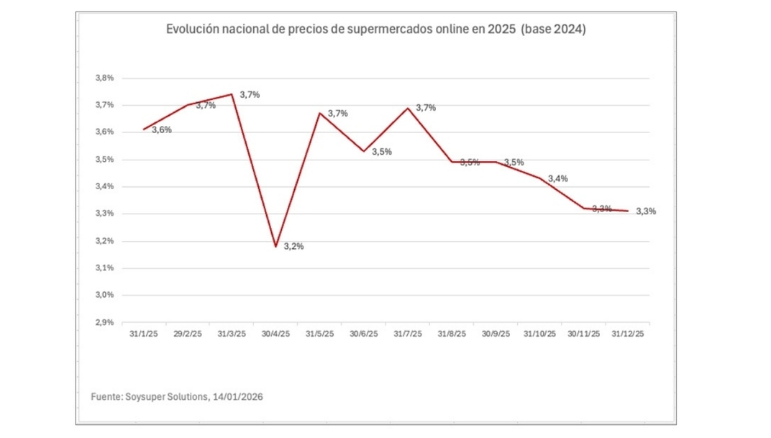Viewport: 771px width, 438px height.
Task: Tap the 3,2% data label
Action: (293, 246)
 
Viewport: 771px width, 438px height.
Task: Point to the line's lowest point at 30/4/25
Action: (275, 247)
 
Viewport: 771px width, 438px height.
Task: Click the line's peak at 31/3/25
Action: (232, 94)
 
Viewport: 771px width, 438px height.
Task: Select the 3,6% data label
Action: (161, 130)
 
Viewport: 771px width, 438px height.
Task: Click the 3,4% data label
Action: (557, 178)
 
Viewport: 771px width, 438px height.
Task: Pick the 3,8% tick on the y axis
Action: (104, 78)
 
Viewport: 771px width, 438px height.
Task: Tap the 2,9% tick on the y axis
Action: (104, 322)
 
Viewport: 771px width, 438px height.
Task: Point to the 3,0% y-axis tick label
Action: (104, 295)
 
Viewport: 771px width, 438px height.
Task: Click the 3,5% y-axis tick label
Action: (104, 159)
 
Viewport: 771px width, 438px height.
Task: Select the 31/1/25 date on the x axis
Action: (144, 334)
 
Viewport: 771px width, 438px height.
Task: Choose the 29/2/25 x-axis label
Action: (188, 334)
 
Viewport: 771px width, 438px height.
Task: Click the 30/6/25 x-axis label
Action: (364, 334)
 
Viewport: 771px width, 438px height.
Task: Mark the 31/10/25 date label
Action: (539, 334)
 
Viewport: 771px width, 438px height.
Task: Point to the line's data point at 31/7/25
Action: (408, 109)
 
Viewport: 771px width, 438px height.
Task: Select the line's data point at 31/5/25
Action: (319, 113)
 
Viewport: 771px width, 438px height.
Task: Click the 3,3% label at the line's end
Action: (646, 211)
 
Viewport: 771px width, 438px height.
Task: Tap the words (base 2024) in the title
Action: (553, 29)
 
